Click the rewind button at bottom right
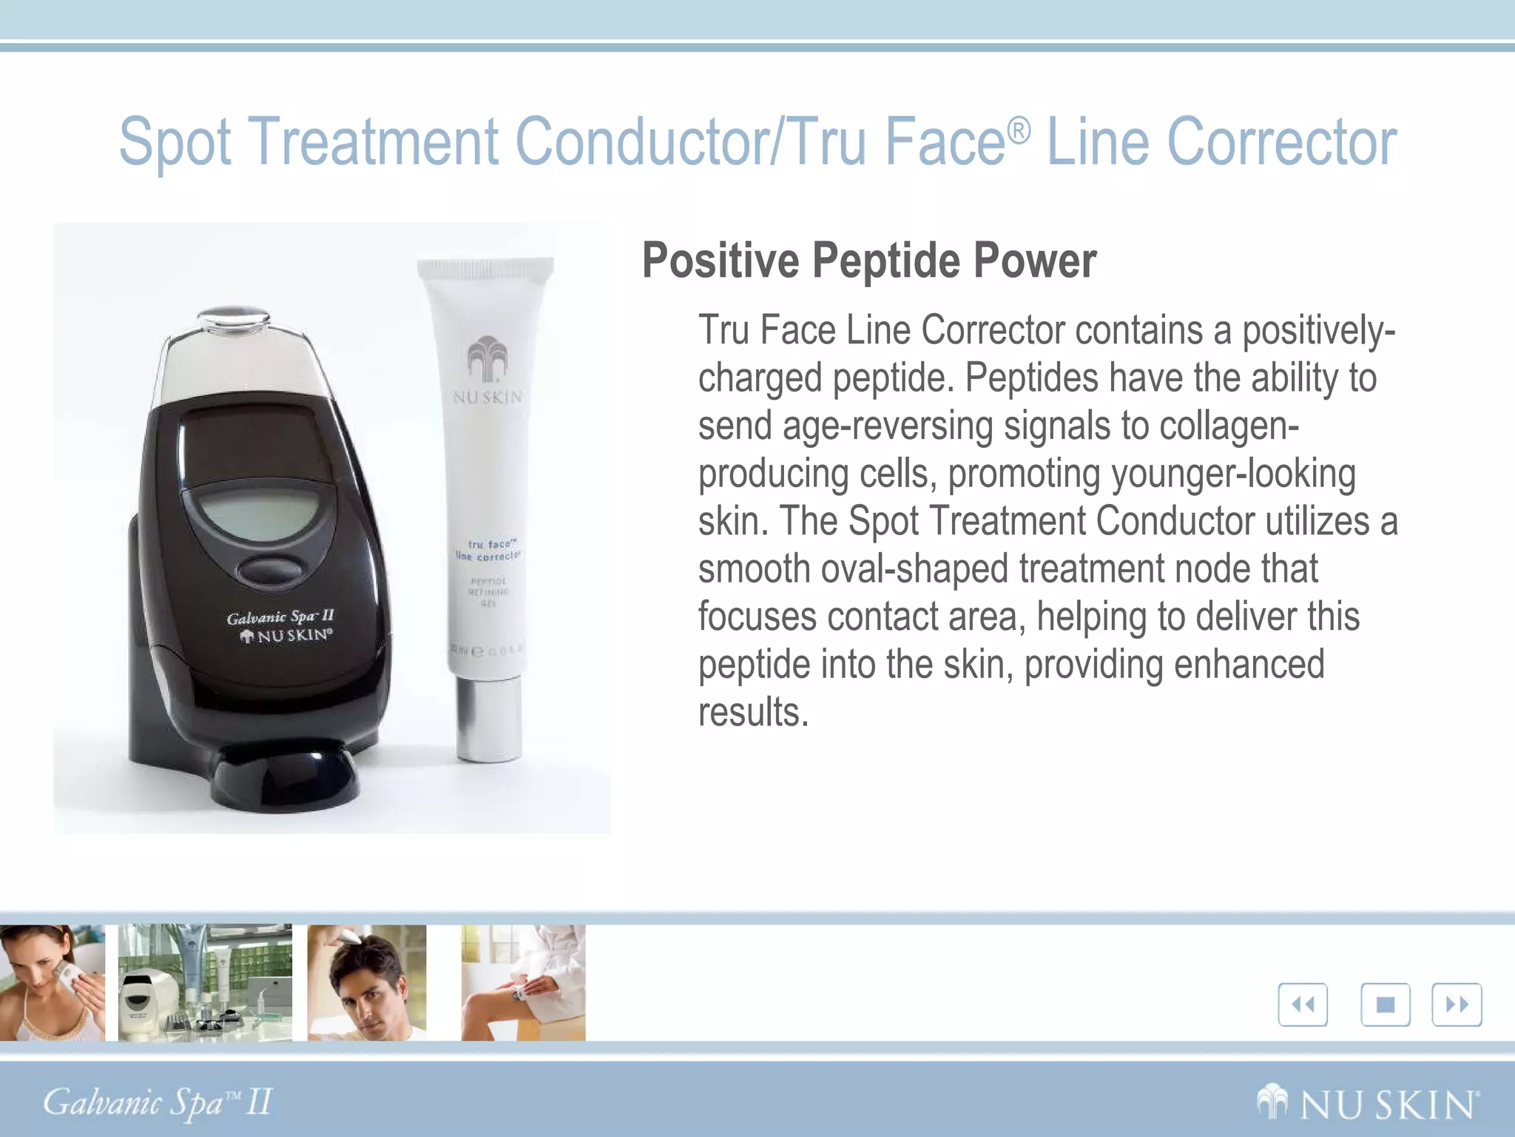(x=1303, y=1004)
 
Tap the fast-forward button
(x=1457, y=1004)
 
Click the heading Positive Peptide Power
(x=868, y=261)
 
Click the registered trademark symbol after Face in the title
(x=1019, y=131)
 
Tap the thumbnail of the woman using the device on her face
(x=52, y=982)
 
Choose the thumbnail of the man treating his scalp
(x=367, y=982)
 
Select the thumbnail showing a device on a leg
(x=523, y=982)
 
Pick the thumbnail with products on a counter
(x=205, y=982)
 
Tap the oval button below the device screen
(x=271, y=571)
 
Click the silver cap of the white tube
(x=488, y=718)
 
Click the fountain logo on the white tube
(x=487, y=360)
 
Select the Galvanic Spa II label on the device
(x=280, y=617)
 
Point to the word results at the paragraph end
(x=753, y=712)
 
